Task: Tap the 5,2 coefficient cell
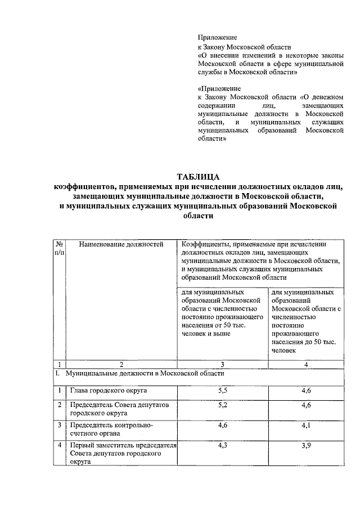coord(223,405)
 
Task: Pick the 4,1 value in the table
coord(305,425)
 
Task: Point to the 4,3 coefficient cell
coord(223,445)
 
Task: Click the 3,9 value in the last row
coord(305,445)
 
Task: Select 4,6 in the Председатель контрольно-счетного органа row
coord(223,425)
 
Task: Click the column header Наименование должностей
coord(121,244)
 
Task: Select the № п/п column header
coord(58,248)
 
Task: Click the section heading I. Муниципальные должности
coord(145,373)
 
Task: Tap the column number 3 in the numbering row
coord(223,364)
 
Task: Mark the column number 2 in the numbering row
coord(121,364)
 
